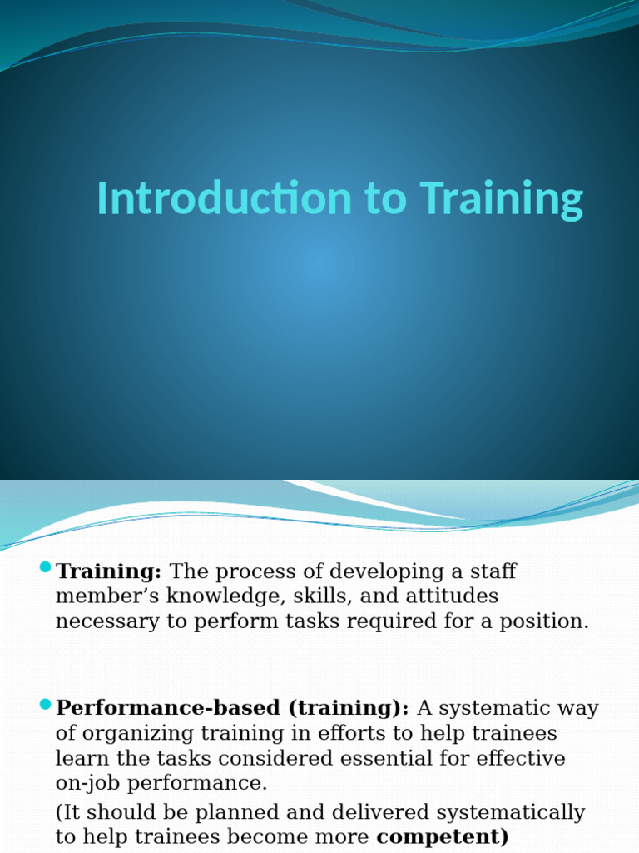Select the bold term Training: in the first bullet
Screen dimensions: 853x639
[109, 571]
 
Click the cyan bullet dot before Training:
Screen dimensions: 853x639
[45, 568]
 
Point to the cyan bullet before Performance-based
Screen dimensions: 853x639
[45, 705]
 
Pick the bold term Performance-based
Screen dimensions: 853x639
[169, 708]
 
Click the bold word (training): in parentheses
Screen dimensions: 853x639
[349, 708]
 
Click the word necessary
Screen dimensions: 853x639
[110, 621]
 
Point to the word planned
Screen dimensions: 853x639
[217, 812]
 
